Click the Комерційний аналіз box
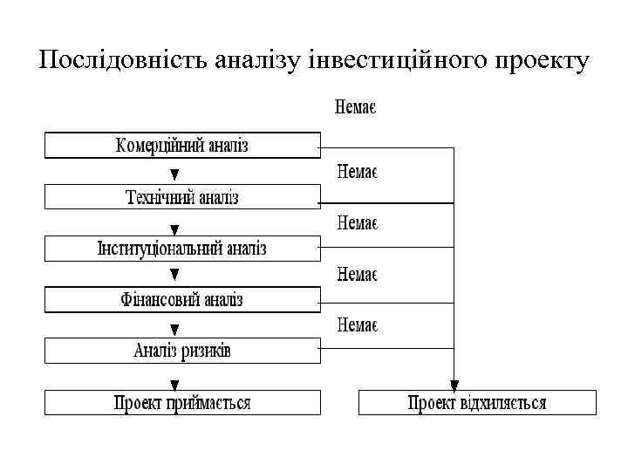point(182,145)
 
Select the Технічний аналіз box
point(182,197)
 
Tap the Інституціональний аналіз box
point(182,249)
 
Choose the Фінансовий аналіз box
point(182,300)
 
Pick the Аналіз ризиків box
point(182,352)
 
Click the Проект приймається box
point(182,403)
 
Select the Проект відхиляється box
point(477,403)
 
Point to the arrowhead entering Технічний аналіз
point(174,175)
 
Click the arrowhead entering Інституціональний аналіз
point(174,228)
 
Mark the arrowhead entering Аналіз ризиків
point(174,331)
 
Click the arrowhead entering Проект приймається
point(174,383)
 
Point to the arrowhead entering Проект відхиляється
point(454,383)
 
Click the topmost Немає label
point(356,109)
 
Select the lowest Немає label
point(356,325)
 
